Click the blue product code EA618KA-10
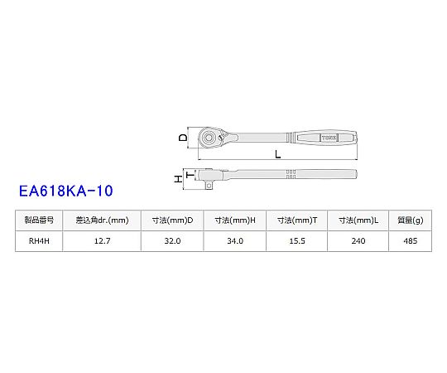66,191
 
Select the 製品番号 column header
39,220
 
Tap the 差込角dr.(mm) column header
102,220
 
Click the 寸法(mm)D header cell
172,220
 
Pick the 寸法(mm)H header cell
235,220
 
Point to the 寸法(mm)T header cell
297,220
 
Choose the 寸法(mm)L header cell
358,220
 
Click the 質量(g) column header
411,220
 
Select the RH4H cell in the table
39,241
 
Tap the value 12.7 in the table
102,241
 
